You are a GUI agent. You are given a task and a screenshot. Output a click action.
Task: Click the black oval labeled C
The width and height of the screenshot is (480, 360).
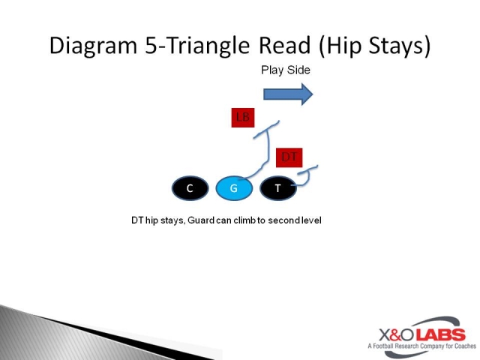point(190,188)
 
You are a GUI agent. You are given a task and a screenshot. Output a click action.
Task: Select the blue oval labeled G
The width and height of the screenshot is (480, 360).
point(233,188)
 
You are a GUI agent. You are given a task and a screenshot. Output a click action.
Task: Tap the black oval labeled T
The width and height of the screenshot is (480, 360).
point(277,188)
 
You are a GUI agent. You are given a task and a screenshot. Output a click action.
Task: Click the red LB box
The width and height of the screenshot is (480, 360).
point(242,117)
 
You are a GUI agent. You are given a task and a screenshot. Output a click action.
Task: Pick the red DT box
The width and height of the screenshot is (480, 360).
point(289,157)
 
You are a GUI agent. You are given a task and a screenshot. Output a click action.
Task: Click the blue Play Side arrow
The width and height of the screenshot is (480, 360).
point(288,94)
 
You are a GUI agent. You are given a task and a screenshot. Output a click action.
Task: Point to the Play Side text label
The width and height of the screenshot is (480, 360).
point(285,70)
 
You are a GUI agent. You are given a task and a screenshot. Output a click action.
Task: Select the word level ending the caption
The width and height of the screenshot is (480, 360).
point(310,220)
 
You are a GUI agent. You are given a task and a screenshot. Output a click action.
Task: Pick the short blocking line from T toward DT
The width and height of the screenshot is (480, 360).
point(304,175)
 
